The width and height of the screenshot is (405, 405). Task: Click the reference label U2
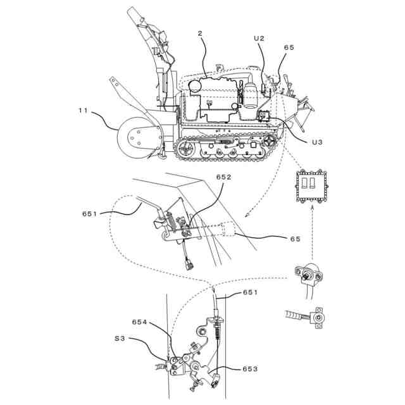[x=259, y=39]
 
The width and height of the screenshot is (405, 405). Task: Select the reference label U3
[x=318, y=142]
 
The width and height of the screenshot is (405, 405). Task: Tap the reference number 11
[x=83, y=110]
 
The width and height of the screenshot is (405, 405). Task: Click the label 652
[x=223, y=178]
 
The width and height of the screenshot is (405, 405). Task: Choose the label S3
[x=120, y=338]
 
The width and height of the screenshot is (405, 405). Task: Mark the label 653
[x=249, y=368]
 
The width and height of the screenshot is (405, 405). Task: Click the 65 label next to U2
[x=289, y=47]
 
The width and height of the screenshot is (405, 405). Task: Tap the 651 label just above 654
[x=250, y=293]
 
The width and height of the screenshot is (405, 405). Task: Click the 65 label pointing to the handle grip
[x=295, y=239]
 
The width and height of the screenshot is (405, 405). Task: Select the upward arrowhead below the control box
[x=311, y=207]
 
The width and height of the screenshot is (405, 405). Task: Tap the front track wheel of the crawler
[x=185, y=149]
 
